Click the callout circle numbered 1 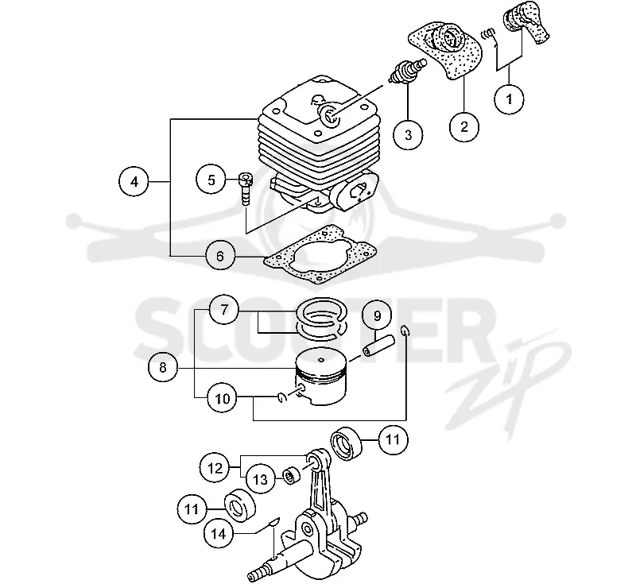click(510, 99)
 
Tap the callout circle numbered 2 click(464, 127)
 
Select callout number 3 click(408, 134)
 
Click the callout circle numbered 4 click(134, 182)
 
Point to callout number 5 click(211, 180)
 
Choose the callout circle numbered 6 click(220, 256)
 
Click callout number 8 click(163, 368)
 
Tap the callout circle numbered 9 click(377, 315)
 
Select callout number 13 click(261, 479)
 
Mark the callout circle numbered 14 click(218, 534)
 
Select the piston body click(321, 376)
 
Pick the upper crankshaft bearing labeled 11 click(347, 444)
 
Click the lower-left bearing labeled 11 click(240, 505)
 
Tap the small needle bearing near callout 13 click(292, 475)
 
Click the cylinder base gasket click(320, 254)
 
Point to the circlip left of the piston click(282, 398)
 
